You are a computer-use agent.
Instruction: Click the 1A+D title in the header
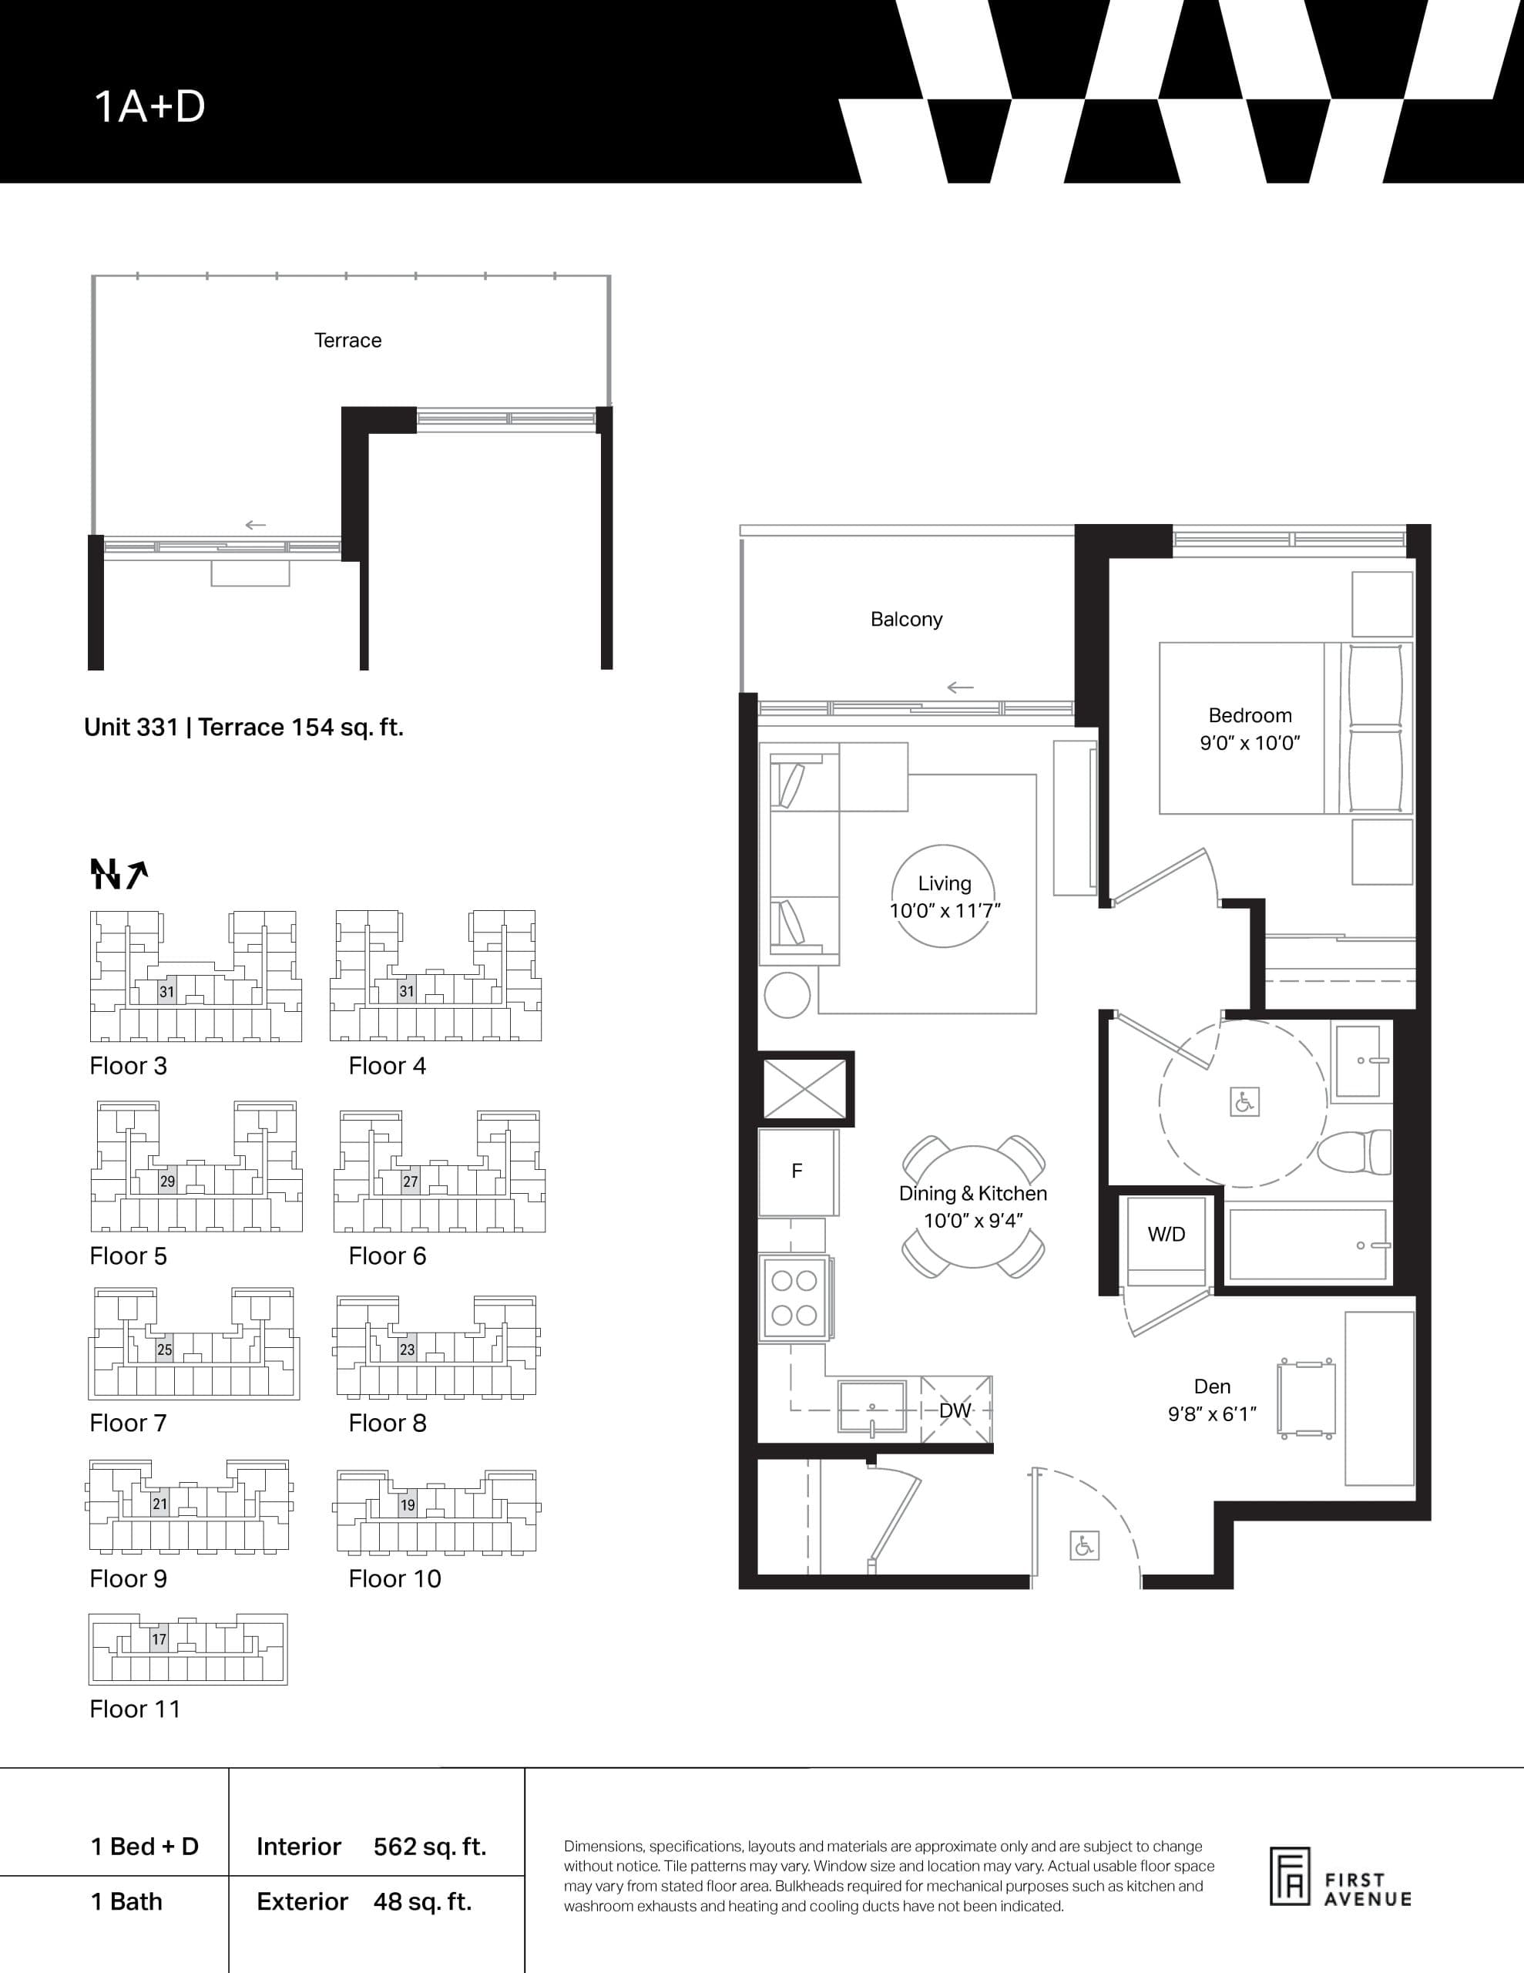pyautogui.click(x=150, y=106)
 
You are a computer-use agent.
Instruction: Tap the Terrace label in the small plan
pyautogui.click(x=347, y=341)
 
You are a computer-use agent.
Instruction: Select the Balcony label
pyautogui.click(x=906, y=620)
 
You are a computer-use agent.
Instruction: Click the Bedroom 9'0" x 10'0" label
pyautogui.click(x=1250, y=729)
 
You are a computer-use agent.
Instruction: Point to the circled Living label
pyautogui.click(x=944, y=896)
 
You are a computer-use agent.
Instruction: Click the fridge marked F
pyautogui.click(x=797, y=1171)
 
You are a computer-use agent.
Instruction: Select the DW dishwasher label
pyautogui.click(x=955, y=1410)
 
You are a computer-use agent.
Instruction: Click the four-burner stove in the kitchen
pyautogui.click(x=795, y=1297)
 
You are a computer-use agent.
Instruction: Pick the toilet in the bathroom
pyautogui.click(x=1354, y=1152)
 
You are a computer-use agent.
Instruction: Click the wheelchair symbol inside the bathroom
pyautogui.click(x=1245, y=1102)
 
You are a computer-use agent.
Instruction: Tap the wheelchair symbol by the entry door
pyautogui.click(x=1084, y=1546)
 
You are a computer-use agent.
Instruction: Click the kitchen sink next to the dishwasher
pyautogui.click(x=871, y=1407)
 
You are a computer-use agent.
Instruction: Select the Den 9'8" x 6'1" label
pyautogui.click(x=1211, y=1400)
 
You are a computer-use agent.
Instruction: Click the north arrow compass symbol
pyautogui.click(x=119, y=873)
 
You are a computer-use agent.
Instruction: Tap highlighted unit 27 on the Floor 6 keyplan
pyautogui.click(x=410, y=1181)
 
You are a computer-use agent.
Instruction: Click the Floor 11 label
pyautogui.click(x=135, y=1709)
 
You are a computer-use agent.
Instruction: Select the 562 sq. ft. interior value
pyautogui.click(x=430, y=1847)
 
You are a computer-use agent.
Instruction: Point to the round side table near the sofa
pyautogui.click(x=787, y=996)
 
